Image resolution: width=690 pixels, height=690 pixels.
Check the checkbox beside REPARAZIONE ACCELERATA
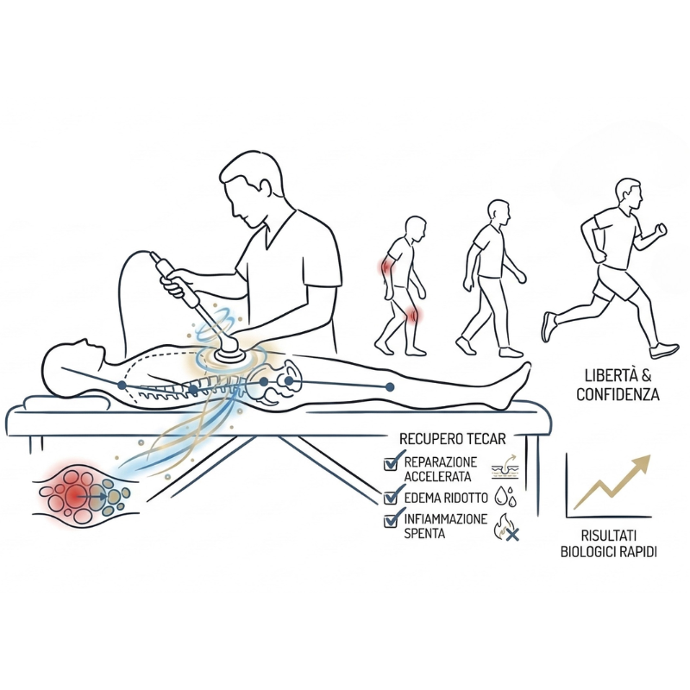[x=391, y=464]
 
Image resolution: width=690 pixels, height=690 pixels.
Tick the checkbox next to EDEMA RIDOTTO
[x=391, y=498]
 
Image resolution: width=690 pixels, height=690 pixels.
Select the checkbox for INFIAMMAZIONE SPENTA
[x=391, y=521]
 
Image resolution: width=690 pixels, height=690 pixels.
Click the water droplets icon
[x=505, y=496]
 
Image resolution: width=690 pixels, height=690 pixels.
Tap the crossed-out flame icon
[x=506, y=527]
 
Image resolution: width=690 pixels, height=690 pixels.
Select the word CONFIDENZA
[x=618, y=395]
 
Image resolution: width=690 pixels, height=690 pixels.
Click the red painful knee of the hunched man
[x=412, y=315]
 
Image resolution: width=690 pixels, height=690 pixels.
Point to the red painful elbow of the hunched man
[x=386, y=267]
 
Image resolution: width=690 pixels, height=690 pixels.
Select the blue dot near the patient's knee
[x=390, y=386]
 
